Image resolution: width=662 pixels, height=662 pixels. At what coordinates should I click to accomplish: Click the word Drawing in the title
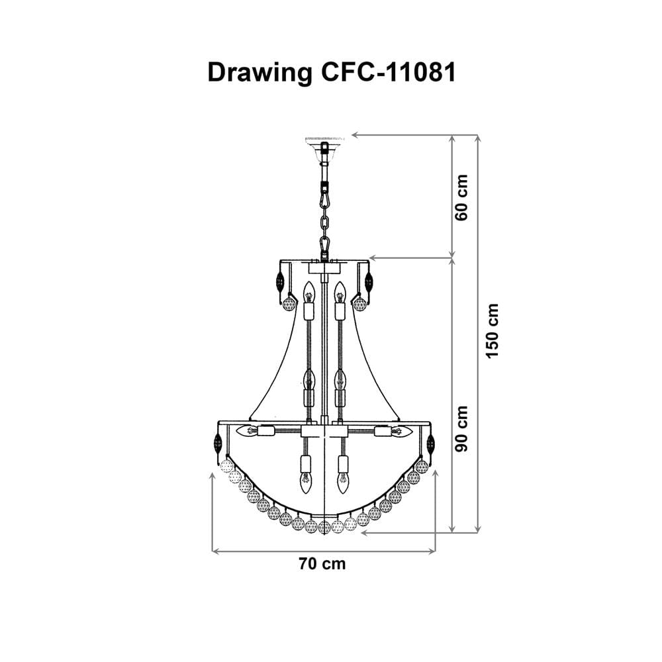260,73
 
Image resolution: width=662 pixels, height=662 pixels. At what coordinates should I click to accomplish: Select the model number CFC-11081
389,72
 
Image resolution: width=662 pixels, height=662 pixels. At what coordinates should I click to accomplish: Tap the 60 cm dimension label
461,197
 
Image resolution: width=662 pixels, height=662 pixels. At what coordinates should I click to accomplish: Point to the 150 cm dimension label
493,330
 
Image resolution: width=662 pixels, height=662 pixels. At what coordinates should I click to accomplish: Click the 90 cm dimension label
461,428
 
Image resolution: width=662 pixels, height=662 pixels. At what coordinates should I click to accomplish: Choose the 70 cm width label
322,563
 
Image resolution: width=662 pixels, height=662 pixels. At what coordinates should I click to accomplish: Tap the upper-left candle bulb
309,292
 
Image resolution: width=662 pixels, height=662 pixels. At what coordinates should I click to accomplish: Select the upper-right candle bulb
340,292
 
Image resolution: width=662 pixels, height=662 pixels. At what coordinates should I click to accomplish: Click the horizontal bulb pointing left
247,432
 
